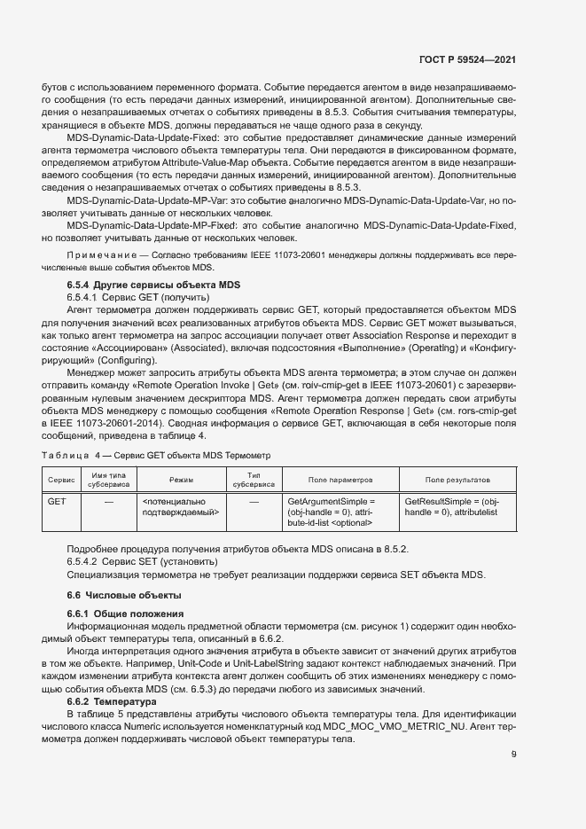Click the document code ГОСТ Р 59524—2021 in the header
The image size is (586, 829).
(x=466, y=59)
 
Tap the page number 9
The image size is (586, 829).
(x=513, y=755)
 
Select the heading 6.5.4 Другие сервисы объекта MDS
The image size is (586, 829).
(x=153, y=284)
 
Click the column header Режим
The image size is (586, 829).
(x=181, y=479)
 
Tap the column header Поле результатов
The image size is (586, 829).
(x=457, y=479)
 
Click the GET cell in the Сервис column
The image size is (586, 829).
(x=57, y=502)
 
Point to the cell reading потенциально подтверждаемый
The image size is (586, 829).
(x=181, y=507)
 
